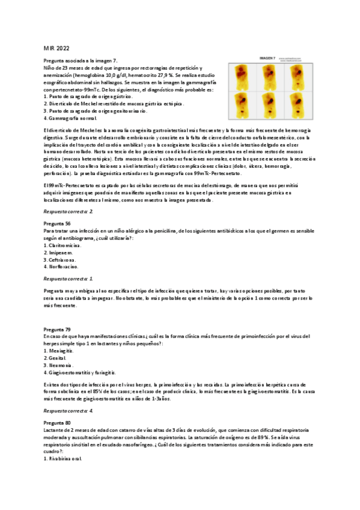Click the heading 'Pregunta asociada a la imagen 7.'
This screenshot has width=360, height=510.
click(x=81, y=61)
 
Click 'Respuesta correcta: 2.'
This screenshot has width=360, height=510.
click(x=69, y=212)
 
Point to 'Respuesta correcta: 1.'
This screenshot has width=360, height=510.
click(x=69, y=279)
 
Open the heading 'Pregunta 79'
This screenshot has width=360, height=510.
click(x=57, y=330)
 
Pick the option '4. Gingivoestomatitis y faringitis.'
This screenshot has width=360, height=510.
click(x=81, y=372)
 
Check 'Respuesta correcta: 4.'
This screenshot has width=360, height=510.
click(x=69, y=410)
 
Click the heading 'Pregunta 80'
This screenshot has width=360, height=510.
click(x=57, y=423)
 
